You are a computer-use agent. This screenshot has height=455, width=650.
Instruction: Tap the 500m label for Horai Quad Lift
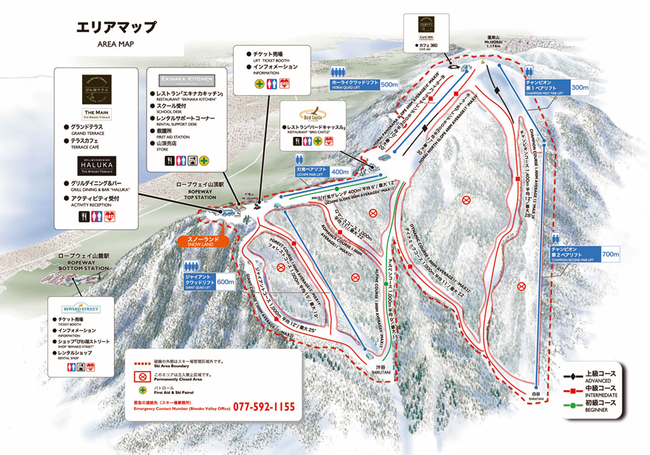click(390, 84)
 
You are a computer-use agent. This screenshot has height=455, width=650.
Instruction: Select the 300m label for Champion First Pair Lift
click(578, 88)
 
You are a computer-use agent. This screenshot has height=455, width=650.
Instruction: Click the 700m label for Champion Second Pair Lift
click(611, 254)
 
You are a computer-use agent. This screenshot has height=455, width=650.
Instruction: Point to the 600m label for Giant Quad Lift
click(225, 282)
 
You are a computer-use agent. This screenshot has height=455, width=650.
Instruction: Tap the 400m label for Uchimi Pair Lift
click(340, 172)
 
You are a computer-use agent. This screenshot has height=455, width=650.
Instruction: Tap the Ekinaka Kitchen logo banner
click(187, 80)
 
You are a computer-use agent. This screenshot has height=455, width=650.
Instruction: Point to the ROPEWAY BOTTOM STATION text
click(80, 267)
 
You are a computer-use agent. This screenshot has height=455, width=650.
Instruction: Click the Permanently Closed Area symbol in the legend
click(142, 376)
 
